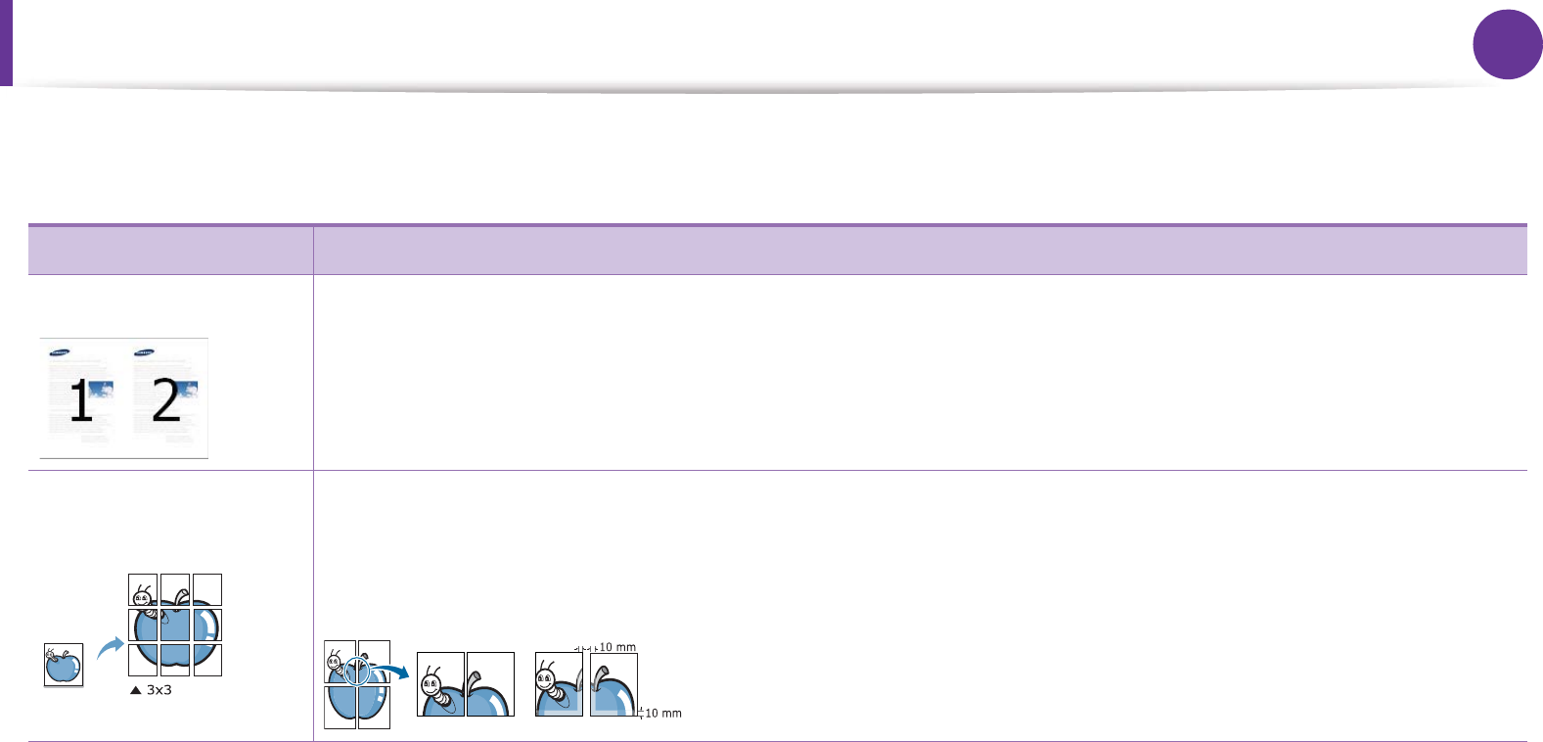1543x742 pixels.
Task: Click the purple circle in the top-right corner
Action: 1507,44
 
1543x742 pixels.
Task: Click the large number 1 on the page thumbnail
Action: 80,401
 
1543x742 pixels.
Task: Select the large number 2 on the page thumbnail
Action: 165,401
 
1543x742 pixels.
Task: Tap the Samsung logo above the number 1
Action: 60,353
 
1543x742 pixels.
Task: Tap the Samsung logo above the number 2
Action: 144,352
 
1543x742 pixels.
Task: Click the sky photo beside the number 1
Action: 102,391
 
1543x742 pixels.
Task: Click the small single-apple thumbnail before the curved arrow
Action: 64,665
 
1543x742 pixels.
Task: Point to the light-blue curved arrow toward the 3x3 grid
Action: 111,646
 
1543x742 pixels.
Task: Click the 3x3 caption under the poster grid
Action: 159,690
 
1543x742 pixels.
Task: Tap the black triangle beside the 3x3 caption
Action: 135,690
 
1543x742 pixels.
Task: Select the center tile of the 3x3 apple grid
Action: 175,625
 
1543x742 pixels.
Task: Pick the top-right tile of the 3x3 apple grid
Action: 207,589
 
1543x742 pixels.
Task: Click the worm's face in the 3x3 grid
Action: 142,595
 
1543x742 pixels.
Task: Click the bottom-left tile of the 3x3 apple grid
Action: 143,660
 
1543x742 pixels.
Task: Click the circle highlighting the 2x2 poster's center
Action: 357,672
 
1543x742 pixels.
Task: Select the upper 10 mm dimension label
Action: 617,647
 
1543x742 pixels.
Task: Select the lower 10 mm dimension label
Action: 663,714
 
